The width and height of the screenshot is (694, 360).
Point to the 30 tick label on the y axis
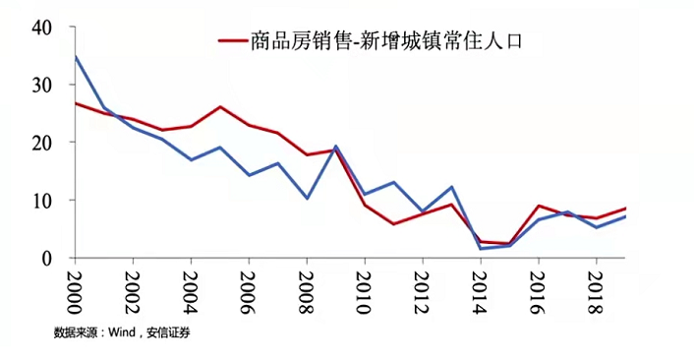[41, 85]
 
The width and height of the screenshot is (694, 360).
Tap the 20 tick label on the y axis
[41, 142]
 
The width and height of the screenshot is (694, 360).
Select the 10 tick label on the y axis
[41, 200]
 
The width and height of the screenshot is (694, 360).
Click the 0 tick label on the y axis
[46, 258]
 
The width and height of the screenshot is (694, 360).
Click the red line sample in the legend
[232, 40]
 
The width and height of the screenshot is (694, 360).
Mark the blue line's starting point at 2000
[76, 56]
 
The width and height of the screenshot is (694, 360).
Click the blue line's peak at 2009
[335, 146]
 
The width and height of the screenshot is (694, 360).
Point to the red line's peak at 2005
[220, 106]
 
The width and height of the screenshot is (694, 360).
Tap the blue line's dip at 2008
[307, 198]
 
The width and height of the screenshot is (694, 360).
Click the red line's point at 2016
[538, 206]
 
